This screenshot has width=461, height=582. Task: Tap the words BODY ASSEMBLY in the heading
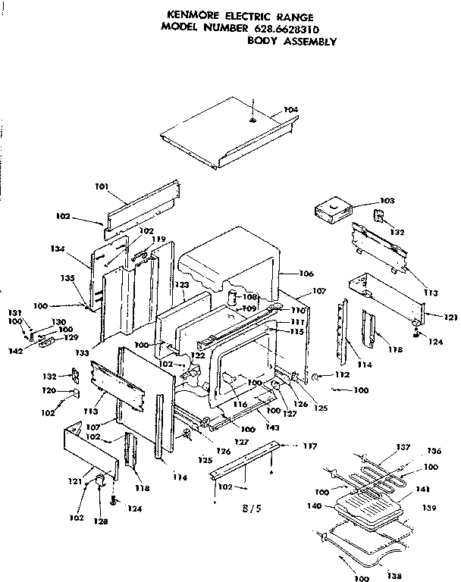(291, 41)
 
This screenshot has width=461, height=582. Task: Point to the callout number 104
(290, 111)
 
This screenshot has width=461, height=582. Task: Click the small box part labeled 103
(334, 211)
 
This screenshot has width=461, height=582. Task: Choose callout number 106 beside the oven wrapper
(286, 274)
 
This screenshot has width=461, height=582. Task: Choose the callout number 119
(158, 240)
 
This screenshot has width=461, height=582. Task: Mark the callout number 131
(13, 314)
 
